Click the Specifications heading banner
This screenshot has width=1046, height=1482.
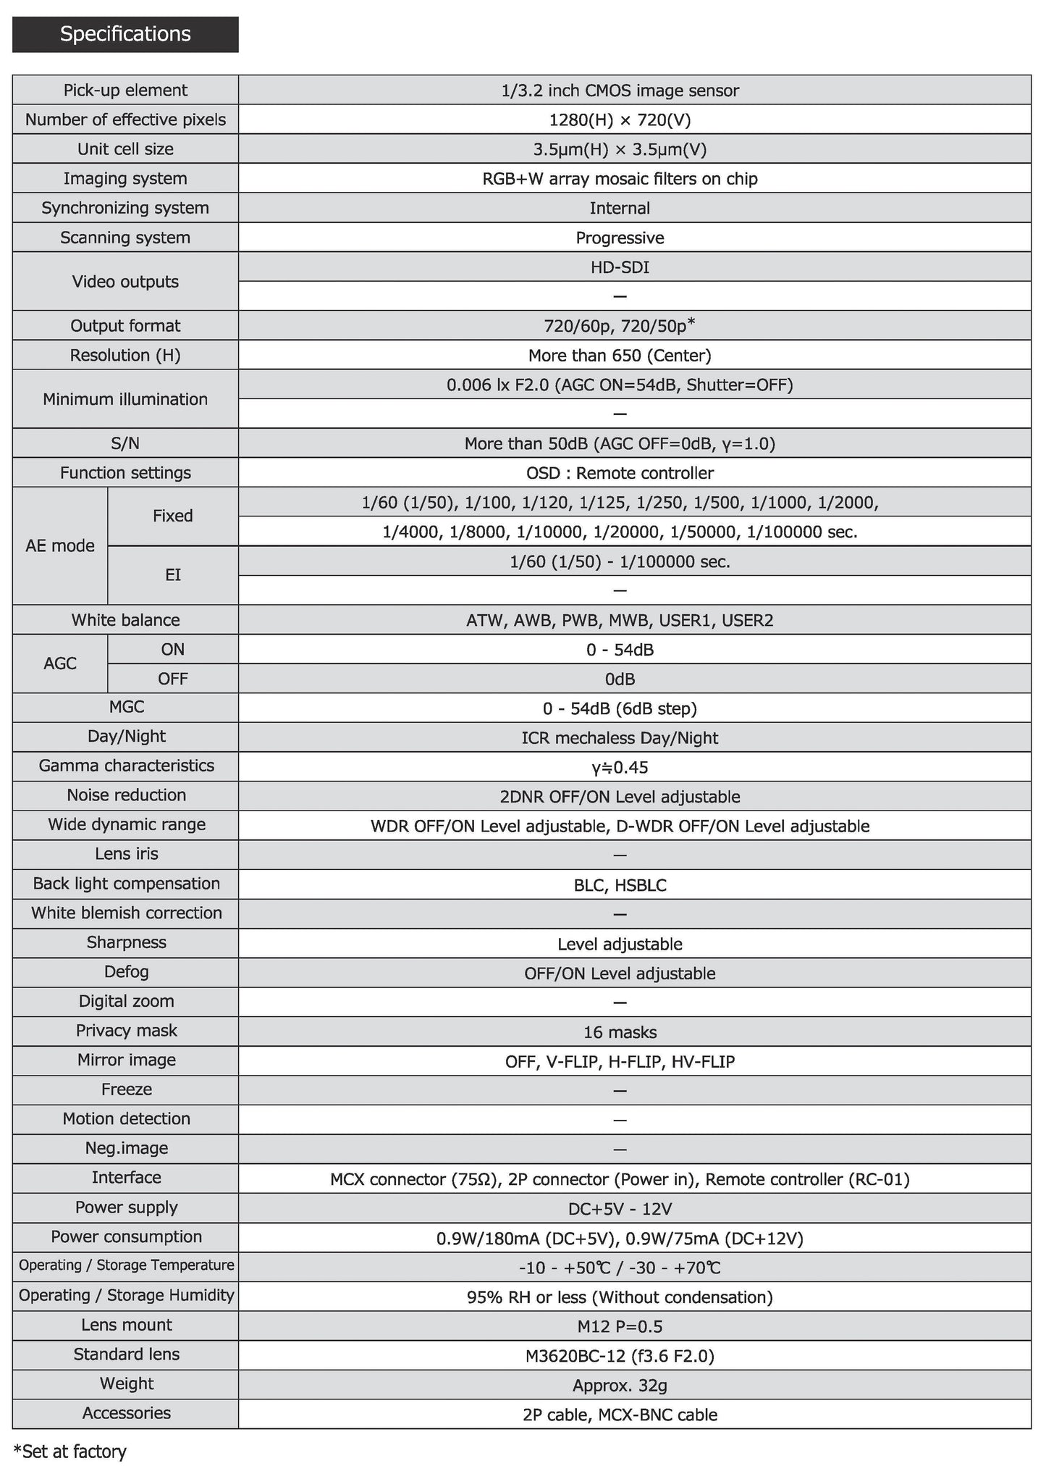pos(125,34)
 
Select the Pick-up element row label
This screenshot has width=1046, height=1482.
pos(125,91)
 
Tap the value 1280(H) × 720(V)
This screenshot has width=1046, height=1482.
pos(620,120)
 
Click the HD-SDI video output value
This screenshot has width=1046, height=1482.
pos(620,267)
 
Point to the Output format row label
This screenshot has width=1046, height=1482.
pos(125,326)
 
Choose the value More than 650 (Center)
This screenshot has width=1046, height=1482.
pos(620,356)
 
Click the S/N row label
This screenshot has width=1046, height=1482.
pos(125,443)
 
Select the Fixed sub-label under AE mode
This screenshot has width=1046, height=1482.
pos(172,516)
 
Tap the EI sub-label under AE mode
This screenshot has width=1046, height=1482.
pos(172,575)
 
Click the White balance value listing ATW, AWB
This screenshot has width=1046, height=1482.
pos(620,621)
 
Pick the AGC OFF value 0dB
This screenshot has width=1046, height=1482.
pos(620,679)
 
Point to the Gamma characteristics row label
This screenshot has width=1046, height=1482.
pos(126,766)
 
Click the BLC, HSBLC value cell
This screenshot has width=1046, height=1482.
pos(620,885)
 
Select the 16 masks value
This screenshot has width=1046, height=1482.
pos(620,1032)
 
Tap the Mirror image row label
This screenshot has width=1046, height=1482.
pos(126,1060)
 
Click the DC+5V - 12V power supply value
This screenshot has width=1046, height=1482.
pos(620,1209)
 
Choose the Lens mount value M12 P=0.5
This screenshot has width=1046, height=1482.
pos(620,1326)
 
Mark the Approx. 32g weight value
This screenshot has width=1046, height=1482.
pos(620,1386)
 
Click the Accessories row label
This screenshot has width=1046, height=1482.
pos(126,1413)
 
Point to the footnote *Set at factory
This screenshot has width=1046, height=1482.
pos(70,1452)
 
